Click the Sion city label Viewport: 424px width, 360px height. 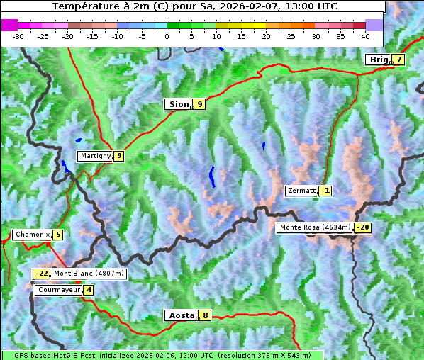[178, 104]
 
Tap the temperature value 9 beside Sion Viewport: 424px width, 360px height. [200, 104]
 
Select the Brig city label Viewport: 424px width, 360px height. [379, 60]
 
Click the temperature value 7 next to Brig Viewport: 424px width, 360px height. [399, 60]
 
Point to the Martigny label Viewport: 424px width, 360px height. [94, 156]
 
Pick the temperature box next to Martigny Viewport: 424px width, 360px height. [118, 156]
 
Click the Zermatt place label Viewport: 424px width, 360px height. [301, 191]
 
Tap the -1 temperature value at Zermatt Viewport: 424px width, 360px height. [325, 191]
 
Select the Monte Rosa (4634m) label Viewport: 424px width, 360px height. [314, 227]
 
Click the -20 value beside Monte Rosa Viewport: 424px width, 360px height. [362, 227]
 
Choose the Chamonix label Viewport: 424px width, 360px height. [31, 235]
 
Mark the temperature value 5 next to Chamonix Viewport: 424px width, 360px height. [57, 235]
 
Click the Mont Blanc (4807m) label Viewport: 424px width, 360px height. [89, 274]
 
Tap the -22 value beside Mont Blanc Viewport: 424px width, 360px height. [42, 274]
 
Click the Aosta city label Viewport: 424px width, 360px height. [180, 315]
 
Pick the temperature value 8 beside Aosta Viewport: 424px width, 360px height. [205, 315]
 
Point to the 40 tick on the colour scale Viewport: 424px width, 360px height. [365, 35]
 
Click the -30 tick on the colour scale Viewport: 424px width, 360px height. [18, 35]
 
